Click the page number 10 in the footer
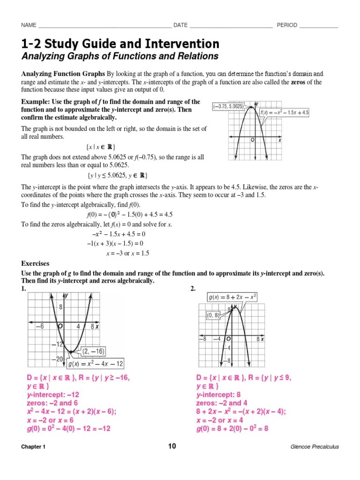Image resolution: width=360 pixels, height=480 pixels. (x=172, y=446)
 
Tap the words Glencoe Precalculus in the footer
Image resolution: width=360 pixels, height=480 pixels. (x=315, y=447)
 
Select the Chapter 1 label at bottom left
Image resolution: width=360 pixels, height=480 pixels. (x=33, y=447)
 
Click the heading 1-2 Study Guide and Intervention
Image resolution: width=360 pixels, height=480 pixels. (x=120, y=44)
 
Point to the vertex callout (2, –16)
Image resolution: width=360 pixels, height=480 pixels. (x=93, y=351)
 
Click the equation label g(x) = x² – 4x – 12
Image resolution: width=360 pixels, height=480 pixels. (x=96, y=364)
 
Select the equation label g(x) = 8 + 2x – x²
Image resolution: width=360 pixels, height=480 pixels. (x=232, y=297)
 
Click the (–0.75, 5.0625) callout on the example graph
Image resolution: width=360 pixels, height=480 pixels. (x=227, y=106)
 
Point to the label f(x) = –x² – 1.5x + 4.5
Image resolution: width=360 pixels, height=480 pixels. (x=285, y=113)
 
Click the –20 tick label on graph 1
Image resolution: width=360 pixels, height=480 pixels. (x=57, y=359)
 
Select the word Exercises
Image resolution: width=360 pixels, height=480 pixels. (x=35, y=263)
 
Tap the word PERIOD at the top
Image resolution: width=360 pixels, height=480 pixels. (x=287, y=25)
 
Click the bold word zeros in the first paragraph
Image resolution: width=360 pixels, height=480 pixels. (x=299, y=82)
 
